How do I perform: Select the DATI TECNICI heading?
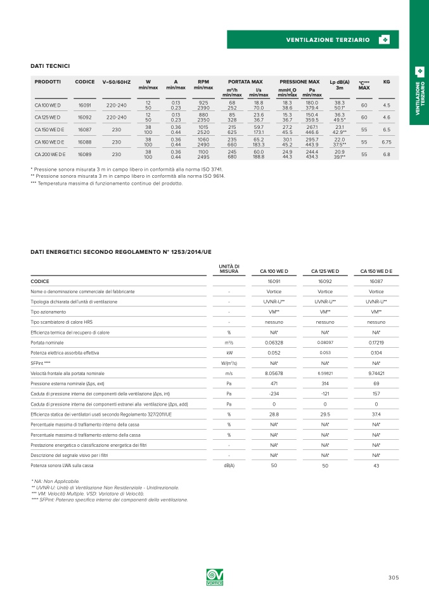click(x=50, y=66)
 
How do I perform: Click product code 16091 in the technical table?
click(x=84, y=105)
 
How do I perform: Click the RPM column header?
click(x=203, y=82)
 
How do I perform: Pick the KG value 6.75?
click(x=387, y=142)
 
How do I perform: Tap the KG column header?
click(x=387, y=82)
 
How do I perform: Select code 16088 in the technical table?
click(x=84, y=142)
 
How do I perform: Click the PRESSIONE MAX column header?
click(x=300, y=82)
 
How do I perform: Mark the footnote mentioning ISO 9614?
click(x=127, y=176)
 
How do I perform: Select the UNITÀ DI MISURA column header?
click(x=229, y=268)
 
